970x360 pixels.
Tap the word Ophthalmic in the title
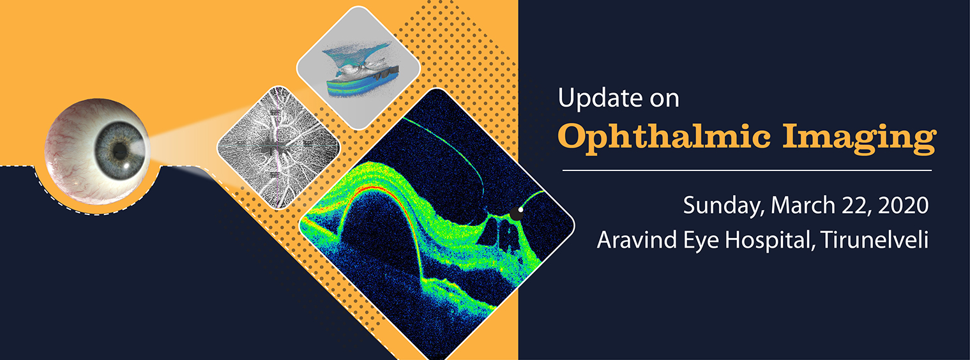coord(664,139)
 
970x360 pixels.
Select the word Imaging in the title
coord(860,139)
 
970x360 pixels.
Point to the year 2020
coord(904,205)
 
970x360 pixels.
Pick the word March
coord(803,205)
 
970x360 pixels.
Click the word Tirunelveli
coord(875,239)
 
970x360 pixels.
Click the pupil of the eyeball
coord(120,150)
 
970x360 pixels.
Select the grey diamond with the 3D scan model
coord(358,68)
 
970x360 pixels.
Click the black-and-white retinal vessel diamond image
coord(278,147)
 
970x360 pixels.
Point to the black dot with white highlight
coord(517,213)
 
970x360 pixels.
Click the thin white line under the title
coord(747,170)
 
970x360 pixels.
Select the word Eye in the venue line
coord(701,241)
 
